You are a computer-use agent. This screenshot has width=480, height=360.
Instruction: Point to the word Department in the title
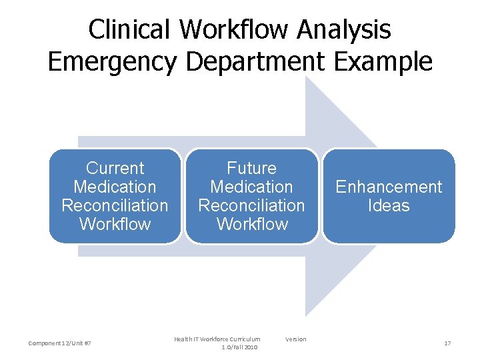pyautogui.click(x=254, y=61)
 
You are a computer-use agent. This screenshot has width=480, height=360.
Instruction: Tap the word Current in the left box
pyautogui.click(x=115, y=168)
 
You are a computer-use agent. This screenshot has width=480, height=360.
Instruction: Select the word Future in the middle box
pyautogui.click(x=251, y=168)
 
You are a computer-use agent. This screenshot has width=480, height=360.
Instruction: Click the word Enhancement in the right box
pyautogui.click(x=389, y=187)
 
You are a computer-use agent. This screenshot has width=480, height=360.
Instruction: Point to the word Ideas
pyautogui.click(x=389, y=205)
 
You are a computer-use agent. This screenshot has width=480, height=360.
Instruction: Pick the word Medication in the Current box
pyautogui.click(x=115, y=187)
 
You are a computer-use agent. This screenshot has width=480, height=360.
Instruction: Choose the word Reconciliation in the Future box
pyautogui.click(x=251, y=205)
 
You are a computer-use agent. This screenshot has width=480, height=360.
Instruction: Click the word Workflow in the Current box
pyautogui.click(x=115, y=224)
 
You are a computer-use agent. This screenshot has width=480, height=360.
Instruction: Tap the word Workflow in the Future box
pyautogui.click(x=251, y=224)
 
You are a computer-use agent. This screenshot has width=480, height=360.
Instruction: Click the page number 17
pyautogui.click(x=447, y=343)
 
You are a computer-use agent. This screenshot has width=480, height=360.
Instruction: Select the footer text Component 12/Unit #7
pyautogui.click(x=60, y=343)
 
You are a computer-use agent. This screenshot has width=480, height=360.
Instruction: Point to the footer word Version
pyautogui.click(x=295, y=339)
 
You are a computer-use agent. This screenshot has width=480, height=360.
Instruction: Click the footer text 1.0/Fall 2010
pyautogui.click(x=239, y=347)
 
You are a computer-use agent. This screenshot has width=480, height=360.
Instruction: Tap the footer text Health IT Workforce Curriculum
pyautogui.click(x=217, y=339)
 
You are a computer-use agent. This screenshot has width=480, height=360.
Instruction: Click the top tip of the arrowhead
pyautogui.click(x=306, y=77)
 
